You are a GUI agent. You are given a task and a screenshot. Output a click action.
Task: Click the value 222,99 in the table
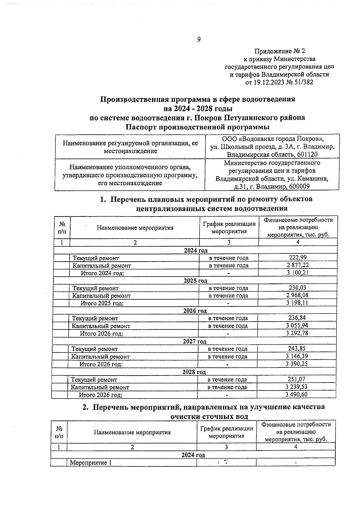tap(298, 258)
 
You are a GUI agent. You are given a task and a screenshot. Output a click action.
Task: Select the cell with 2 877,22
tap(297, 265)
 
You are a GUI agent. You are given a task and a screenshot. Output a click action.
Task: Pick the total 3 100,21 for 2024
tap(297, 273)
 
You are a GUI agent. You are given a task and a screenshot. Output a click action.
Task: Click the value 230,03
tap(297, 288)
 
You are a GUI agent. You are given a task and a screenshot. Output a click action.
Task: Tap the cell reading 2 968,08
tap(297, 295)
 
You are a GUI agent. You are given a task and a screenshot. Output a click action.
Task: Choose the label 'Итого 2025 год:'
tap(102, 303)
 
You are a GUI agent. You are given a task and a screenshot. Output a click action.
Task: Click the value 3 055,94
tap(297, 325)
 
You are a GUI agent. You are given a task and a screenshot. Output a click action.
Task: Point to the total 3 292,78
tap(297, 333)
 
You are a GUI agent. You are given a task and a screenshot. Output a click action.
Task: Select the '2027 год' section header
tap(195, 341)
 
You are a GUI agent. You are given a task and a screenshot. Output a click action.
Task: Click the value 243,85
tap(297, 349)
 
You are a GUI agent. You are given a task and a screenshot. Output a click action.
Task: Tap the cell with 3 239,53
tap(296, 387)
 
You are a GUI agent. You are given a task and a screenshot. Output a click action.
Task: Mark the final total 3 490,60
tap(296, 394)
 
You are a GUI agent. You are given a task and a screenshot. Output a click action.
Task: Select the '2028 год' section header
tap(194, 372)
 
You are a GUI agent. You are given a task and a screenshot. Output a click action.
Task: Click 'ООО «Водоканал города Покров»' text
tap(273, 139)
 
